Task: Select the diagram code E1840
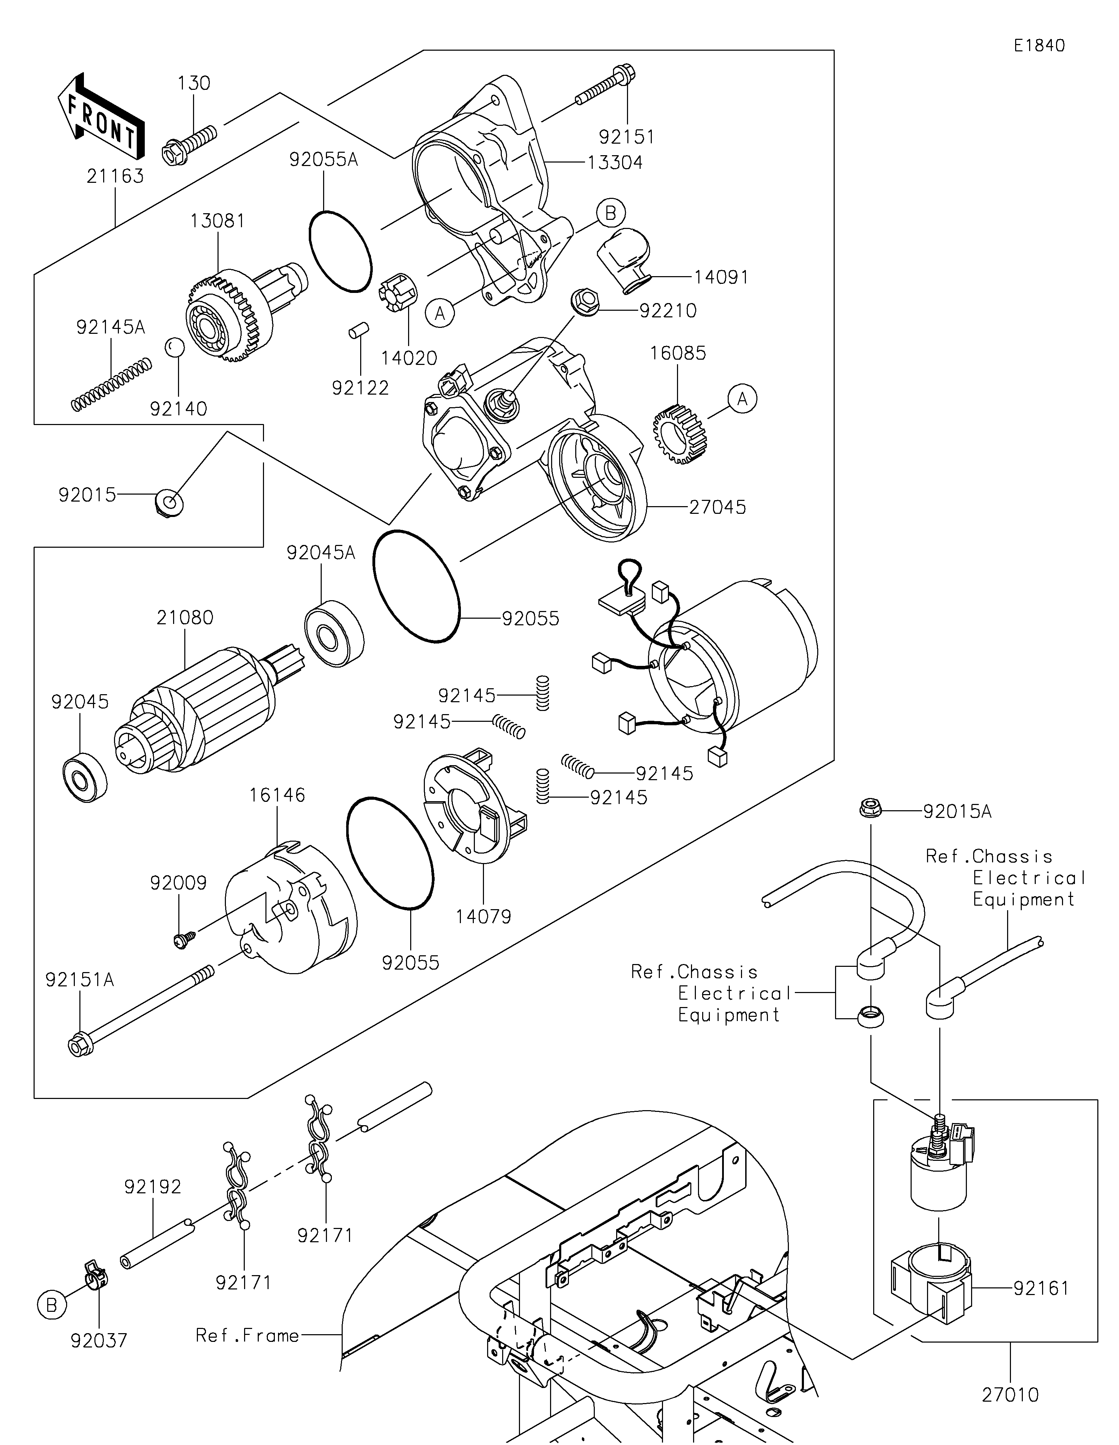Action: [x=1039, y=46]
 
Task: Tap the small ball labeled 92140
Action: [x=173, y=347]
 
